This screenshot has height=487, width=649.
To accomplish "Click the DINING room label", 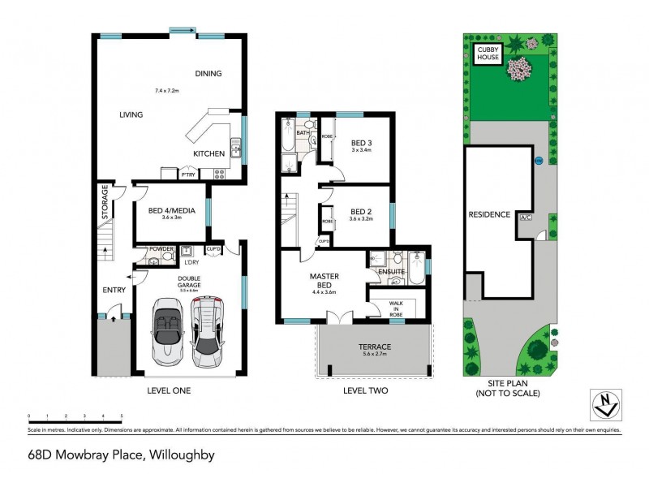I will (x=208, y=74).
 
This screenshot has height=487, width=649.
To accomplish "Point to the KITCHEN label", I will (x=208, y=153).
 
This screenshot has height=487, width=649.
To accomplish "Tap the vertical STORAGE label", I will (x=105, y=202).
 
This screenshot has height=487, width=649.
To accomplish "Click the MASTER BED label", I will (x=324, y=280).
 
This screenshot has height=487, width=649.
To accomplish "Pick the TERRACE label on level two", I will (x=374, y=347).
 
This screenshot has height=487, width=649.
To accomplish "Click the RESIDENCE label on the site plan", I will (x=489, y=214).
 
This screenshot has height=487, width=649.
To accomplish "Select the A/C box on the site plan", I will (x=525, y=218).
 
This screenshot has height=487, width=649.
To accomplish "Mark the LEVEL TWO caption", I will (x=364, y=390).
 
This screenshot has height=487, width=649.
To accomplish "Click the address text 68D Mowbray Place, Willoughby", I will (x=122, y=455).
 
